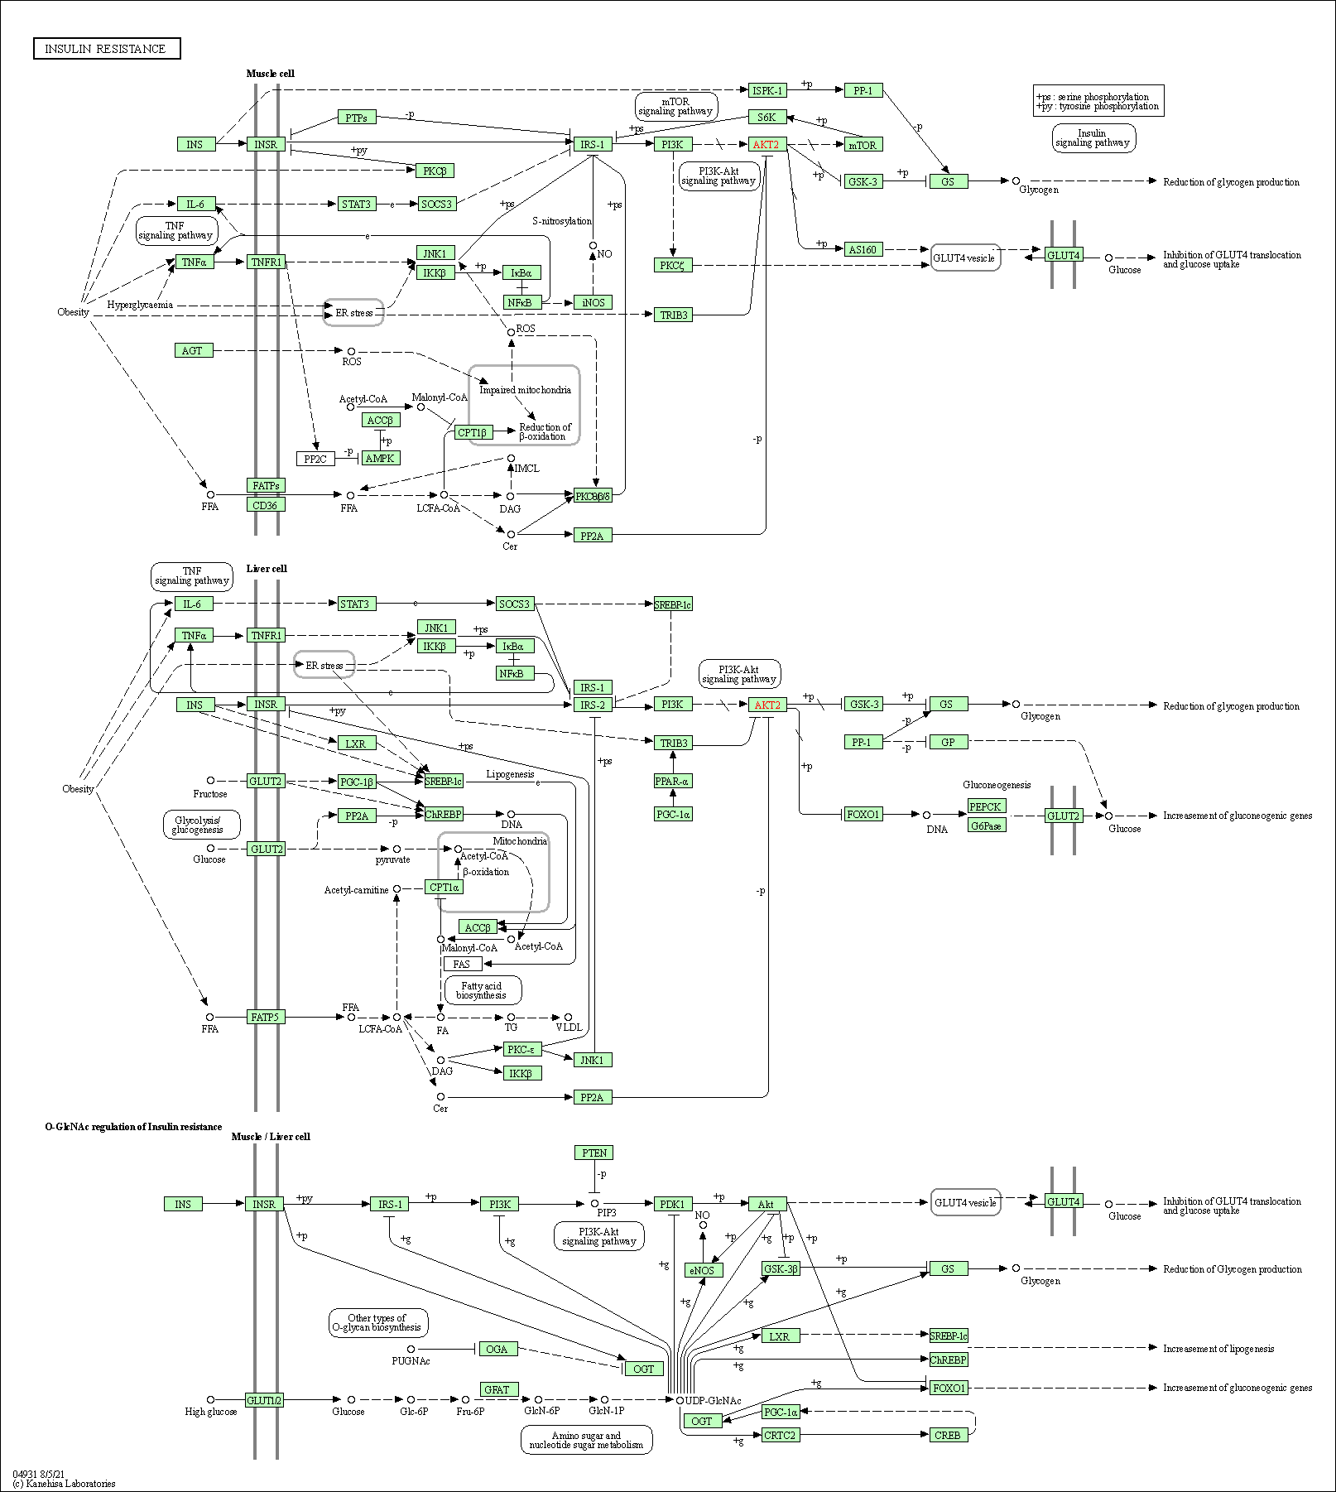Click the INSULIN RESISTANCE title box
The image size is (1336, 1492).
[x=107, y=49]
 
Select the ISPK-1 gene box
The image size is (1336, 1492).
[x=767, y=90]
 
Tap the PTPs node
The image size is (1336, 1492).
[x=357, y=118]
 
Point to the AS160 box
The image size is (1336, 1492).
[x=863, y=249]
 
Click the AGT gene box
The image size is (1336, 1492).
[x=193, y=350]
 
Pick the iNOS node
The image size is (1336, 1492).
[x=593, y=302]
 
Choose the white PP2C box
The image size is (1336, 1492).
[x=315, y=459]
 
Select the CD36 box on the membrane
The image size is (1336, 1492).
[x=266, y=504]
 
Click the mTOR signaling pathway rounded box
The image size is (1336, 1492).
[x=675, y=106]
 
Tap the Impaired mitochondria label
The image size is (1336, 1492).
[x=525, y=390]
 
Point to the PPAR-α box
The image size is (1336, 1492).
[x=672, y=781]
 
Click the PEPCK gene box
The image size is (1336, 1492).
[x=986, y=806]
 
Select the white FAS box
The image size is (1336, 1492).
[x=463, y=964]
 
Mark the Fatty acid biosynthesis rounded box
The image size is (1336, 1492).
[x=483, y=990]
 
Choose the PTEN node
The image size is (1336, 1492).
[x=594, y=1153]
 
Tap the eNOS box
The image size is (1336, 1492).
[x=702, y=1270]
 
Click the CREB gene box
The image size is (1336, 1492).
[x=948, y=1435]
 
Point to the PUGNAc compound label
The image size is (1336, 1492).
[x=411, y=1360]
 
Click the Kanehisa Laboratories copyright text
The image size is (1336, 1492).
[x=65, y=1483]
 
